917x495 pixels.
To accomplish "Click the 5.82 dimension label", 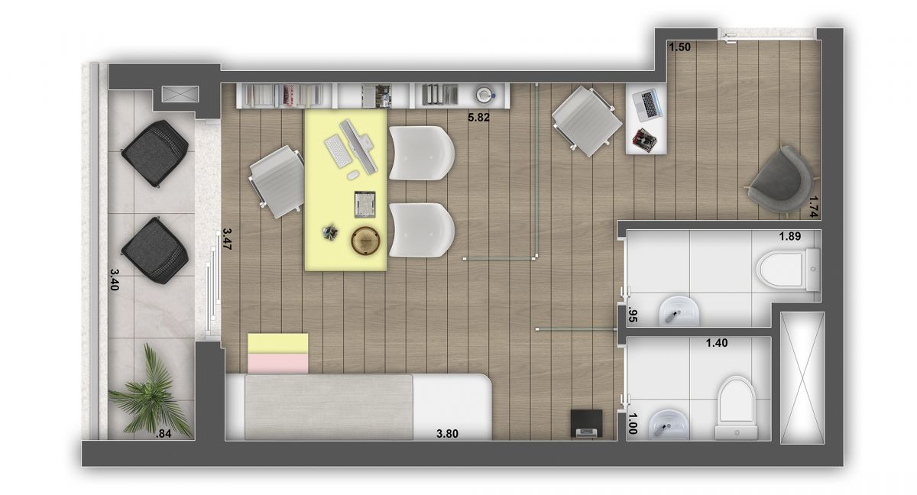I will (478, 118).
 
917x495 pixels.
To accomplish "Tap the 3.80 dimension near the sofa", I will (447, 434).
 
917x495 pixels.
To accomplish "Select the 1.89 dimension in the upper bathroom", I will (789, 236).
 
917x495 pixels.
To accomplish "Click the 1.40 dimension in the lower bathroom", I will (717, 344).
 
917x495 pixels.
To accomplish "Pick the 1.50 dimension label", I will (679, 47).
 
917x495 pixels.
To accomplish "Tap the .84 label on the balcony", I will (163, 435).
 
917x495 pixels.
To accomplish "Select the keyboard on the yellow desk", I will (336, 151).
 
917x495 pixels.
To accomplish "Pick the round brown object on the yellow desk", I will (365, 240).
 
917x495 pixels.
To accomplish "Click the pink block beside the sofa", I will (277, 363).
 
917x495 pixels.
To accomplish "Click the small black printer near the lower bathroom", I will (586, 423).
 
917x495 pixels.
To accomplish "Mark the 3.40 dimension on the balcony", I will (115, 280).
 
